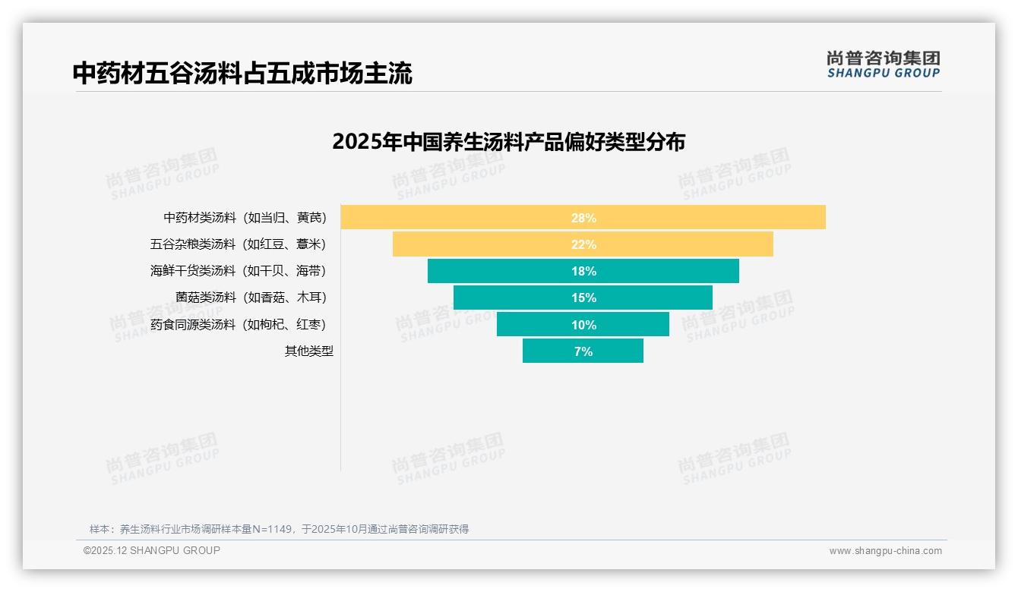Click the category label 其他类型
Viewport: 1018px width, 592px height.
(x=308, y=351)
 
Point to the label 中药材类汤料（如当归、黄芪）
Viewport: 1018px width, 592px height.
(x=245, y=218)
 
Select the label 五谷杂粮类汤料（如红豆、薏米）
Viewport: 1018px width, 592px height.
(x=238, y=244)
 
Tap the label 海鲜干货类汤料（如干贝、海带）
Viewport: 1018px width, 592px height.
(x=238, y=271)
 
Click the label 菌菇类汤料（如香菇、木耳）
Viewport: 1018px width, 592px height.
(x=251, y=298)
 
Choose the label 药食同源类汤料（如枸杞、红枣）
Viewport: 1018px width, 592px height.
(x=238, y=325)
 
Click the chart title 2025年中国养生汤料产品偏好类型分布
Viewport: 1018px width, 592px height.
(x=508, y=142)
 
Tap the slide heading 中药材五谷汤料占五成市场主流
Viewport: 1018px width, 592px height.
(x=242, y=74)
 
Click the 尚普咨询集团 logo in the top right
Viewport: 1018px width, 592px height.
(x=883, y=65)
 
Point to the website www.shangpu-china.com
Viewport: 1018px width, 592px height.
(x=885, y=551)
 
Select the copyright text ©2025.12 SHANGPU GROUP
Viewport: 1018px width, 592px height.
(x=152, y=551)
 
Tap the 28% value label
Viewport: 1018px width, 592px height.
(x=583, y=218)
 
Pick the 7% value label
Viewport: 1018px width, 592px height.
(x=583, y=351)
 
